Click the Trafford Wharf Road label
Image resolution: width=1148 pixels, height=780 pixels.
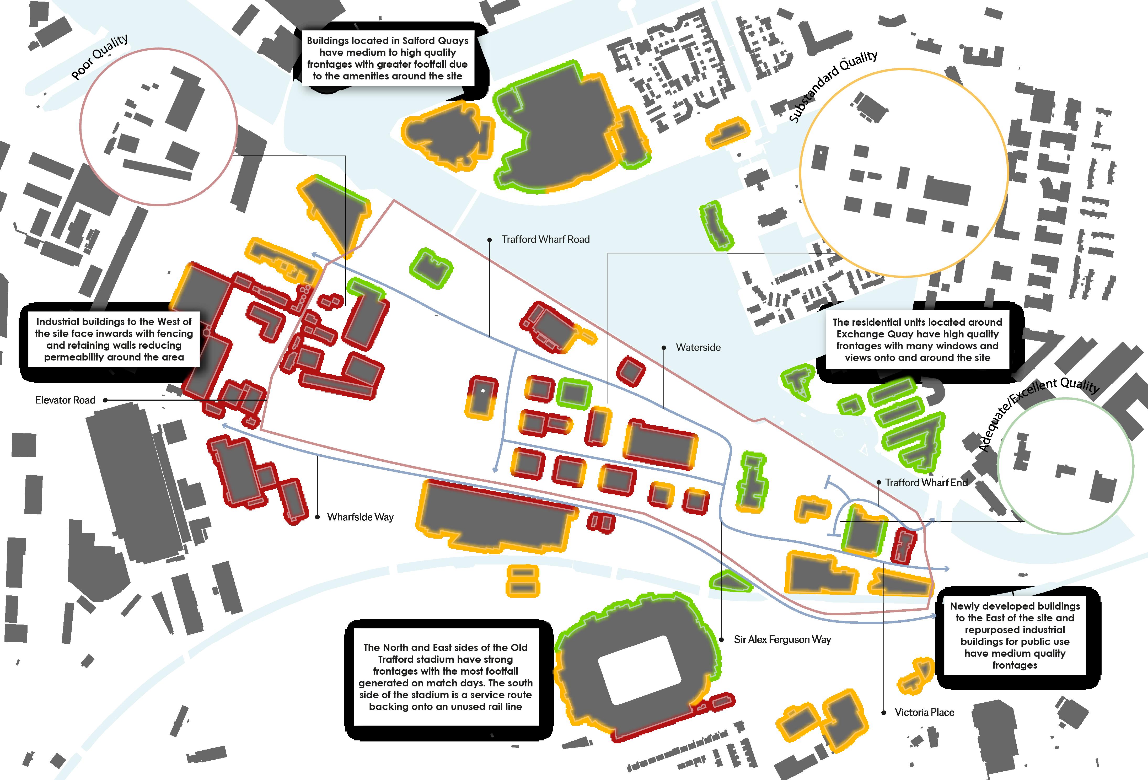pos(545,240)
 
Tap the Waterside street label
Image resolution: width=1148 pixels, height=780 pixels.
pos(698,348)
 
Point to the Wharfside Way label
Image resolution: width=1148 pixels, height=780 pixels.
pos(360,517)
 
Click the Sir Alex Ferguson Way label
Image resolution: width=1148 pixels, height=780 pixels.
pos(782,640)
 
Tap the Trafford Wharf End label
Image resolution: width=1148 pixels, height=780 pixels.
pos(926,483)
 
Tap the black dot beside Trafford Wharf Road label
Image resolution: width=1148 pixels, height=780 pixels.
pos(490,240)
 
